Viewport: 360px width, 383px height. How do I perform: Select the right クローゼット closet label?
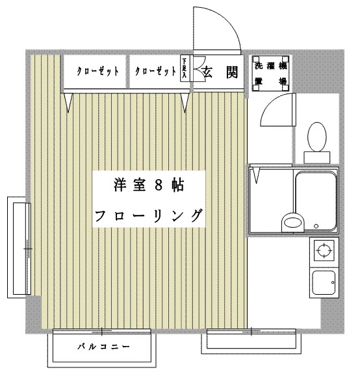click(155, 71)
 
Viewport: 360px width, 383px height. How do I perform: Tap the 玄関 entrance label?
click(218, 71)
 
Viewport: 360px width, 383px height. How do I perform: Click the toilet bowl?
click(318, 137)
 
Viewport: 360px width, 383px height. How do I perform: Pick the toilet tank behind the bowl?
click(318, 156)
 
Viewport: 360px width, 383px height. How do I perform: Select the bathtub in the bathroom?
click(316, 201)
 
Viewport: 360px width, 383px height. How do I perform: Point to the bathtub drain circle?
click(316, 227)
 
